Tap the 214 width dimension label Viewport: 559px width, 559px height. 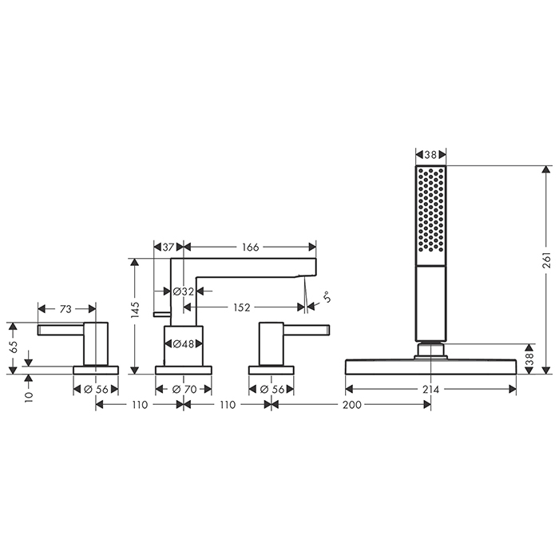pos(430,390)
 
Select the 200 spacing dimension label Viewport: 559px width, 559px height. pos(352,405)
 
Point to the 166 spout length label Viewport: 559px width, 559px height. pos(250,247)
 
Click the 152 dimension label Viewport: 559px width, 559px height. pos(242,307)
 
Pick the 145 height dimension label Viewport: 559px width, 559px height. pos(135,310)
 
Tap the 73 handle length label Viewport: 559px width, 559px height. pos(65,309)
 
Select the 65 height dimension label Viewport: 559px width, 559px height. pos(13,347)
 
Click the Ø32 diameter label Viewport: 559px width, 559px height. pos(183,291)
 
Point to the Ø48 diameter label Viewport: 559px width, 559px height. pos(183,343)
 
